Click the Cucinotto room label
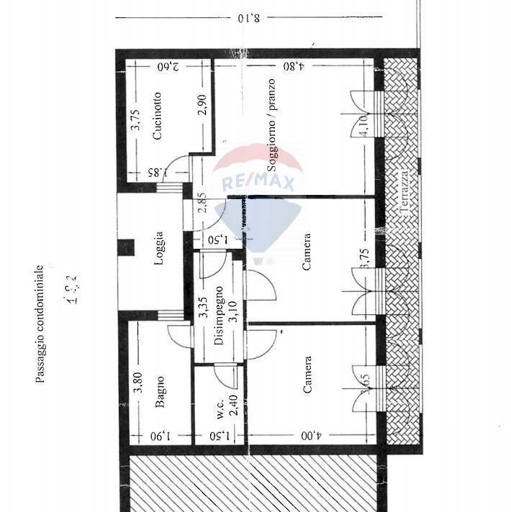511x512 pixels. tap(157, 115)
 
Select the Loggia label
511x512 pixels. tap(158, 248)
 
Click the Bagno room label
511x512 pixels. tap(160, 392)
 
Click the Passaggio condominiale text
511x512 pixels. tap(41, 324)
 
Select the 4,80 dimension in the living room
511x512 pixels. tap(293, 66)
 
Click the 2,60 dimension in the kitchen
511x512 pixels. tap(168, 66)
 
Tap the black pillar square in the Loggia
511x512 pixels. tap(126, 247)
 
